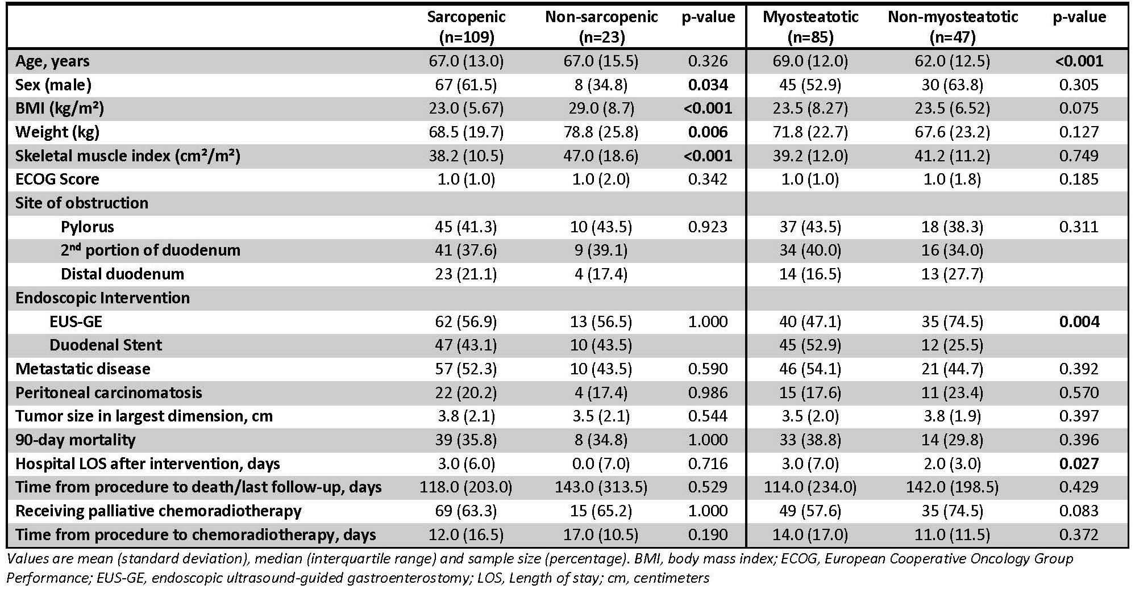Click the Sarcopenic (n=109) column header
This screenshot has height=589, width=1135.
466,27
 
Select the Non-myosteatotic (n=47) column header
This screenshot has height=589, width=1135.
953,27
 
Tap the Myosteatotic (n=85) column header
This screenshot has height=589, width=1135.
810,27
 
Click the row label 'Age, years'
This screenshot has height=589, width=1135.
52,61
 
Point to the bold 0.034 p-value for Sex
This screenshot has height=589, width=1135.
708,85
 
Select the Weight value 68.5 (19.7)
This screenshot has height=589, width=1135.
466,132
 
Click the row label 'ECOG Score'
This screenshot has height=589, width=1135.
57,179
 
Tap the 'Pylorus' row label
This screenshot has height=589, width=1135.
88,227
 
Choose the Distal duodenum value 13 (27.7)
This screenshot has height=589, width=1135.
953,274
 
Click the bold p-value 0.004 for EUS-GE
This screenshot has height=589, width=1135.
1079,322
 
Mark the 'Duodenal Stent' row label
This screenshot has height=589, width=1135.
106,345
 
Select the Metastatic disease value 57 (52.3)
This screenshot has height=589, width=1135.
466,369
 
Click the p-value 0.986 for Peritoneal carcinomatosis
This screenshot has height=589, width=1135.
708,393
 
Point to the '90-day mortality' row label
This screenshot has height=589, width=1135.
76,440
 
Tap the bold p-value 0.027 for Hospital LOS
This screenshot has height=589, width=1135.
1079,464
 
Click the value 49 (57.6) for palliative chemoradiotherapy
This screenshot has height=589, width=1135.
810,511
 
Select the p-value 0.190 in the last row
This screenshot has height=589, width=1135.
708,535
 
